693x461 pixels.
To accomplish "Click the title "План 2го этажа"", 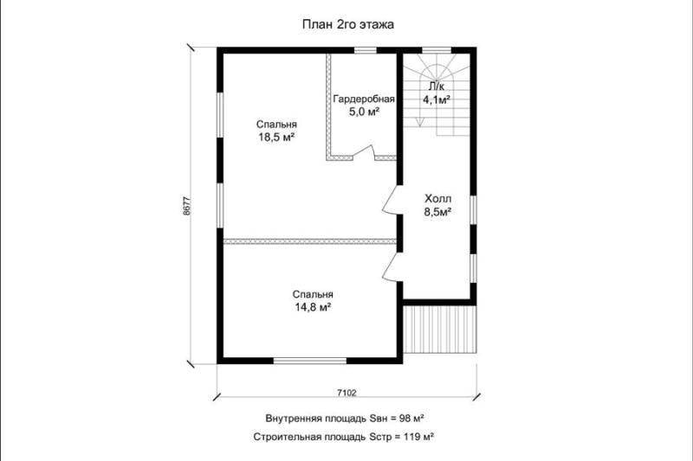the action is [x=348, y=25].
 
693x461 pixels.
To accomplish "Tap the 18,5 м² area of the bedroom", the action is [x=276, y=138].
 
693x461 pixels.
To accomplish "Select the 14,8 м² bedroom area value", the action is [x=314, y=307].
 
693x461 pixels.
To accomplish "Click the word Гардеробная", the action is [x=364, y=99].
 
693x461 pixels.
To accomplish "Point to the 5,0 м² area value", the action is [x=365, y=112].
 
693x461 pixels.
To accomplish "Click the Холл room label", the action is [x=438, y=199].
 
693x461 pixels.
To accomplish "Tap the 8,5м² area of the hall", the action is [x=437, y=212].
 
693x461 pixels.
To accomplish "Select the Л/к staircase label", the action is [x=437, y=86].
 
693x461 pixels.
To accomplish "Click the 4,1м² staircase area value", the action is [x=437, y=99].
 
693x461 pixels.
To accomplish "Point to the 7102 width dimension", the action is [x=346, y=392].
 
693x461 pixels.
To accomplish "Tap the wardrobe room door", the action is [x=363, y=152].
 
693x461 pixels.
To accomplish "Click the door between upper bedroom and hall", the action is [x=392, y=201].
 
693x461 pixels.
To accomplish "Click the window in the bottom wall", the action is [x=310, y=361].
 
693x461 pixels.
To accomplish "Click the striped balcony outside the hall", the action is [x=440, y=329].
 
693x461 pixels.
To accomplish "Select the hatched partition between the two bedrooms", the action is [x=309, y=241].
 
